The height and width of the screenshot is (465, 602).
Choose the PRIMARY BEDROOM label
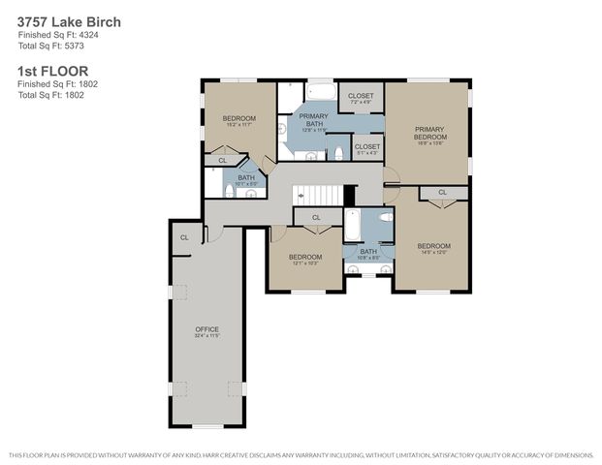428,133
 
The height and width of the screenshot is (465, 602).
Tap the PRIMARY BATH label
312,119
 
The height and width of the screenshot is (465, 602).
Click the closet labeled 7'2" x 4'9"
361,98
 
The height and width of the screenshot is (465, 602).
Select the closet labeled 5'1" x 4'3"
366,148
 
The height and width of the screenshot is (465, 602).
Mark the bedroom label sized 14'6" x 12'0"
432,249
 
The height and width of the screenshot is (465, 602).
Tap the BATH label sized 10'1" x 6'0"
246,179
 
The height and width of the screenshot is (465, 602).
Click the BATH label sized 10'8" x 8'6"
368,254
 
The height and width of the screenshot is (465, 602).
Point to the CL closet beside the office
184,236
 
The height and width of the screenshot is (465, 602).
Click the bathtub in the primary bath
320,93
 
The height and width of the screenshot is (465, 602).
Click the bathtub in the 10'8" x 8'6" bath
354,225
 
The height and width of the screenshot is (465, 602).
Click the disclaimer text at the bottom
301,454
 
